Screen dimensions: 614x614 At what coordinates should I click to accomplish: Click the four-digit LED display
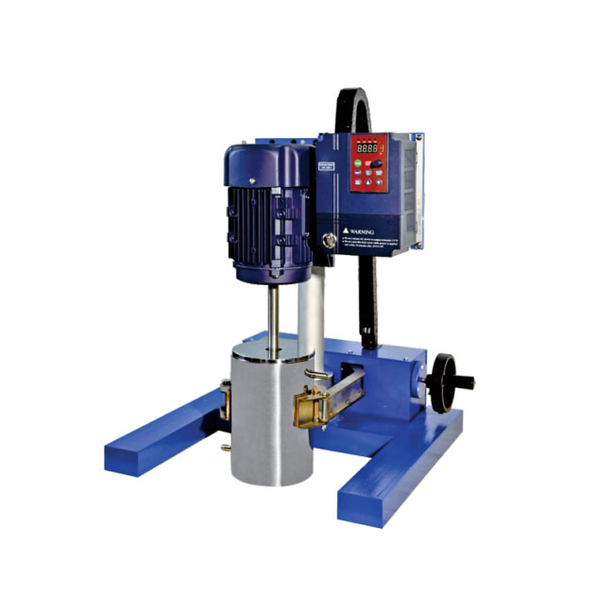click(368, 149)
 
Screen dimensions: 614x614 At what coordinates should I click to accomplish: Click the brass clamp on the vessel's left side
click(227, 399)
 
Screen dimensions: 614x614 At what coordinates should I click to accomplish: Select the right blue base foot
click(397, 472)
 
